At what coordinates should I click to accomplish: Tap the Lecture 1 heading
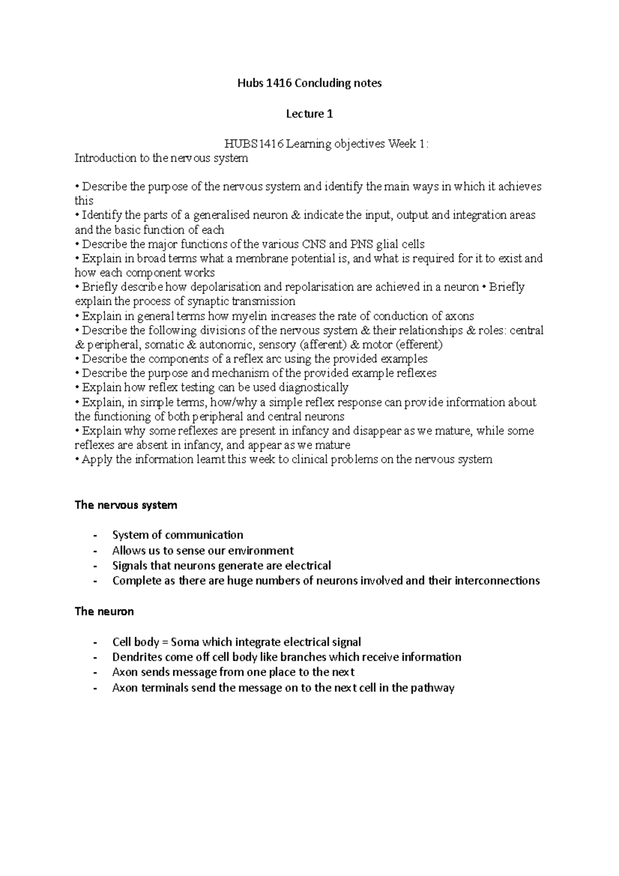[309, 113]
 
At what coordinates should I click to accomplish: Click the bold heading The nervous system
[126, 505]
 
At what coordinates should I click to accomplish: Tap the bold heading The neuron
[104, 611]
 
